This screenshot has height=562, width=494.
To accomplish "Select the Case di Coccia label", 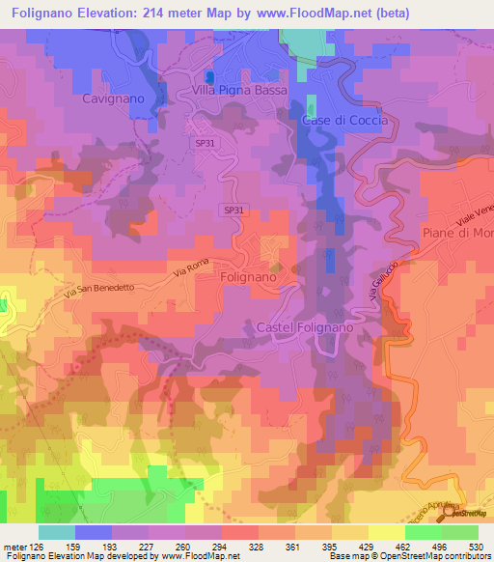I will [344, 121].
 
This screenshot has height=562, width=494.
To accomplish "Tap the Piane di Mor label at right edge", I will [457, 233].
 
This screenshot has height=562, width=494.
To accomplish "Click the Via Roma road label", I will [191, 270].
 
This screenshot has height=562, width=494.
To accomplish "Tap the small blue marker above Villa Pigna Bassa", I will [209, 76].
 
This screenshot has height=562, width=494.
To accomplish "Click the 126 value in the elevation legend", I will [31, 546].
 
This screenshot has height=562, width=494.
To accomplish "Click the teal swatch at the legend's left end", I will [57, 532].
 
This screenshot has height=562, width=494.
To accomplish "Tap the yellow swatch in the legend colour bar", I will [387, 532].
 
